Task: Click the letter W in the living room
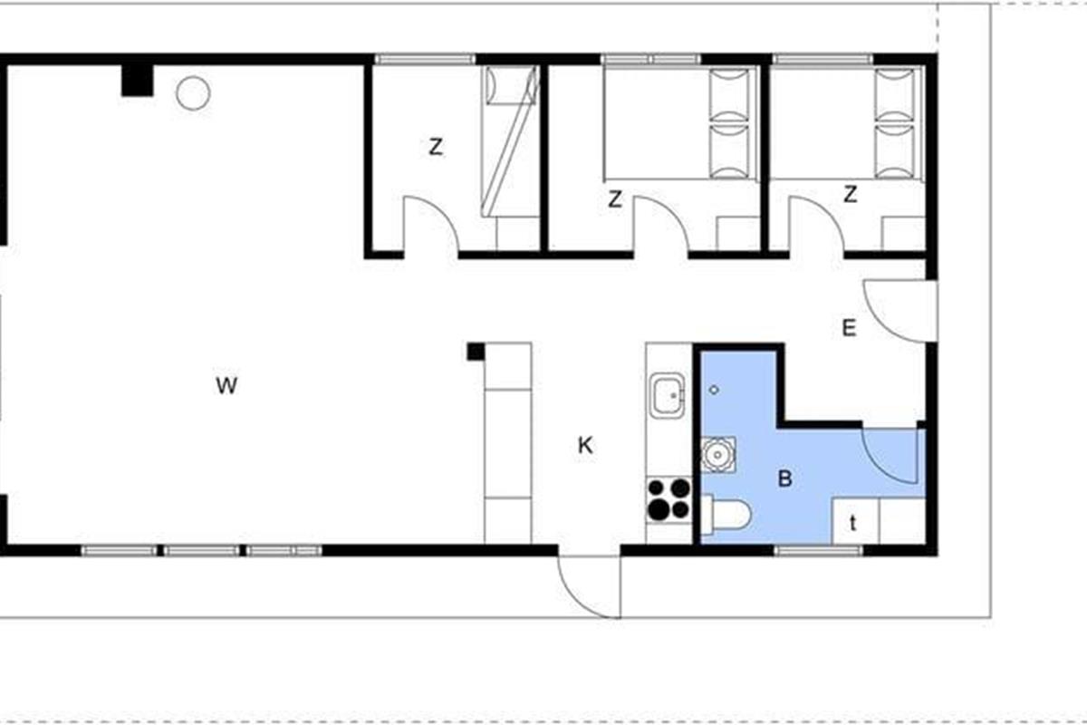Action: [226, 385]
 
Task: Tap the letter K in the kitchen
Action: [585, 445]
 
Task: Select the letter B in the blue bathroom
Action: [785, 478]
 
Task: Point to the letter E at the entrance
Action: [849, 328]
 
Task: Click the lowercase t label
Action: [853, 524]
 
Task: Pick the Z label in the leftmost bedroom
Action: [436, 147]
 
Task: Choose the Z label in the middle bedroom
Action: [615, 199]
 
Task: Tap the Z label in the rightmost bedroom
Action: [851, 194]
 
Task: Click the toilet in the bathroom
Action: [726, 515]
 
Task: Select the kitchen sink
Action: [668, 396]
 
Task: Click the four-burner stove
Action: [669, 500]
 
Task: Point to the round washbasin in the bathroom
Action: [717, 455]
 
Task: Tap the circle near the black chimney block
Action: [193, 93]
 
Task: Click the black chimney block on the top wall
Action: [138, 80]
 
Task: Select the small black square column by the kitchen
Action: [476, 352]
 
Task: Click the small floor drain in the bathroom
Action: [714, 390]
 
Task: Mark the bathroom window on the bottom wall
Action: [818, 551]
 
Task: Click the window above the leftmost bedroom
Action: [425, 59]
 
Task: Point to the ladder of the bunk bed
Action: [509, 141]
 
